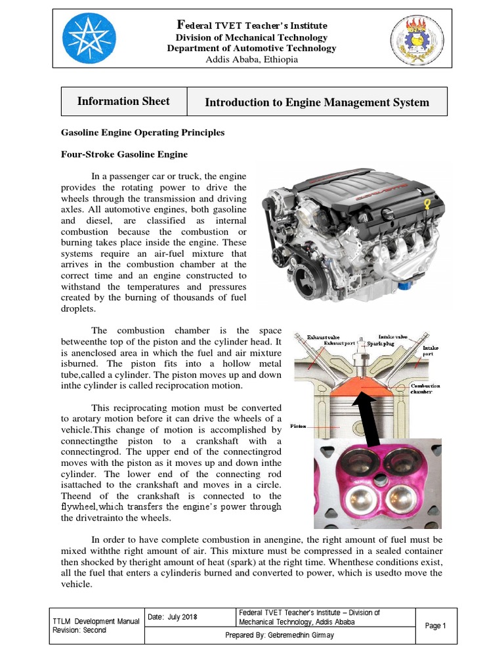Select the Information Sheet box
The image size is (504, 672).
tap(123, 102)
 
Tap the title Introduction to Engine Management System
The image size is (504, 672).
tap(317, 102)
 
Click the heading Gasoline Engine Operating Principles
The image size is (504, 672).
tap(142, 133)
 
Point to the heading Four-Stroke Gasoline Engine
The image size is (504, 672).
tap(124, 155)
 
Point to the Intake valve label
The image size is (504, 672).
tap(394, 337)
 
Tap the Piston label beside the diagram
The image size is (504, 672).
tap(299, 426)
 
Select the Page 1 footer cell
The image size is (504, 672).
tap(435, 626)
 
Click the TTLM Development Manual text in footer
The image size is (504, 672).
tap(96, 621)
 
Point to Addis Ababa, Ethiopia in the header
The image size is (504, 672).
tap(251, 60)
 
